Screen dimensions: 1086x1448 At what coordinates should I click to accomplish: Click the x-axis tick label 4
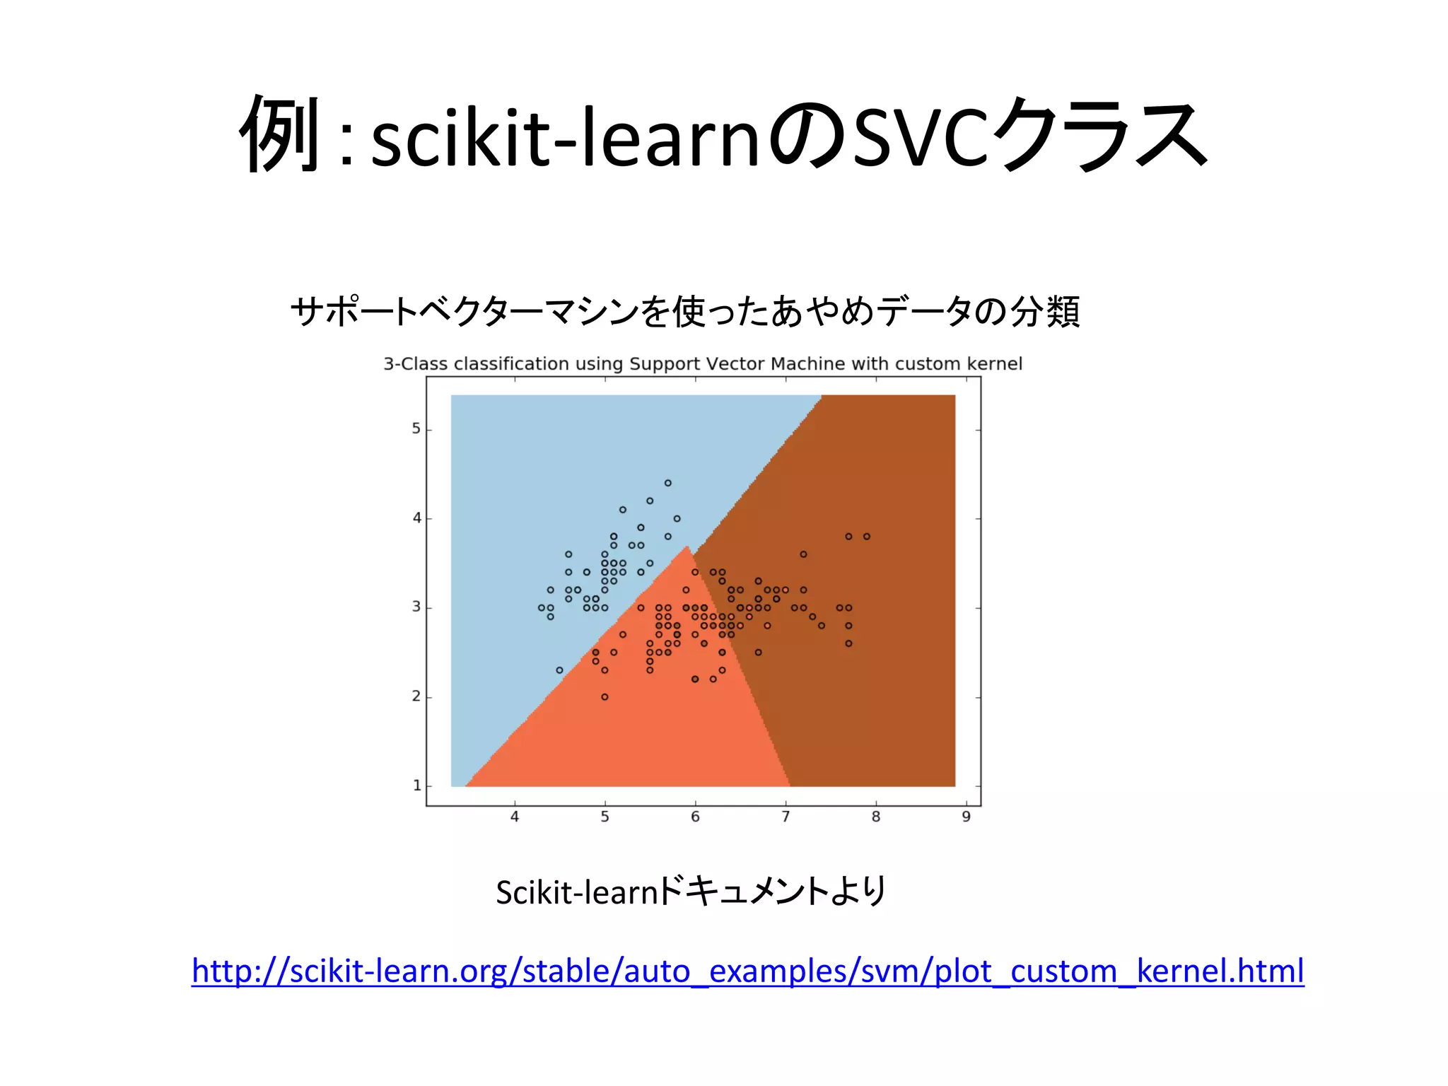[515, 817]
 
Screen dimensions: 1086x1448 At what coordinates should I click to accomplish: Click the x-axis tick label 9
[966, 817]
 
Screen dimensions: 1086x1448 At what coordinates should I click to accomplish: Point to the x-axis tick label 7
[786, 817]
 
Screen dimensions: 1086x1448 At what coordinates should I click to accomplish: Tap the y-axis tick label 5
[416, 429]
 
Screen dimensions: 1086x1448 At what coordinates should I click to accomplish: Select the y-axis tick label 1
[416, 786]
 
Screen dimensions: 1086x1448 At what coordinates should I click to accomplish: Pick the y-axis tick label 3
[416, 607]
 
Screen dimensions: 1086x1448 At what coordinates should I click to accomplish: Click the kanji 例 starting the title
[281, 134]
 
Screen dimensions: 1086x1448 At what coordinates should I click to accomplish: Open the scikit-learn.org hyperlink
[747, 971]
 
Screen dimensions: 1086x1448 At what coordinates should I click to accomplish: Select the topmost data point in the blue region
[667, 484]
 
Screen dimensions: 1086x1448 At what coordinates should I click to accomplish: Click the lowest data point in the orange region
[605, 697]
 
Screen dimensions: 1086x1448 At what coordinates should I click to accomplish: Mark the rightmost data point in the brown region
[867, 537]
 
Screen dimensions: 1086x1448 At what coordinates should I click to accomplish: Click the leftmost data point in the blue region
[542, 608]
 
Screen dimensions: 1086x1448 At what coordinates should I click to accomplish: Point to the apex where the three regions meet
[687, 546]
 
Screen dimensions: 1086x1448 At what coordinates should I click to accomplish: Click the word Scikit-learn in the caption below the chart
[577, 892]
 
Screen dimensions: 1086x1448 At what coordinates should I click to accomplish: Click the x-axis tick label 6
[695, 817]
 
